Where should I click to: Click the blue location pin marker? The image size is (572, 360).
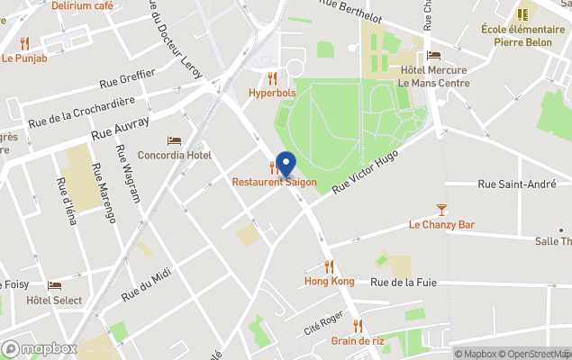pyautogui.click(x=286, y=164)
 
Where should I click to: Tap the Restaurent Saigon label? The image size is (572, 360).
pyautogui.click(x=274, y=182)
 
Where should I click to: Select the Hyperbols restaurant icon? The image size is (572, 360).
pyautogui.click(x=272, y=78)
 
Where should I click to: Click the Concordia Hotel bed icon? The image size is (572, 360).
pyautogui.click(x=174, y=141)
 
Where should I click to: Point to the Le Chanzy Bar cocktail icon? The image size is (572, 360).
pyautogui.click(x=440, y=211)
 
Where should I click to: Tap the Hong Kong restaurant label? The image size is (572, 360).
pyautogui.click(x=329, y=281)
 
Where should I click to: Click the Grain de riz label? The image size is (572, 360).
pyautogui.click(x=358, y=340)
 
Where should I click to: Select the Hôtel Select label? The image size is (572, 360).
pyautogui.click(x=54, y=301)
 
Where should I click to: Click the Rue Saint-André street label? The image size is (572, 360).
pyautogui.click(x=516, y=184)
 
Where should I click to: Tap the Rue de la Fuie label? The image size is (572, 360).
pyautogui.click(x=404, y=282)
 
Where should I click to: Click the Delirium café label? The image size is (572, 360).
pyautogui.click(x=82, y=5)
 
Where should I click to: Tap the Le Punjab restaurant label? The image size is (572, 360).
pyautogui.click(x=24, y=58)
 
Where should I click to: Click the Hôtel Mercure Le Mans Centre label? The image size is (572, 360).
pyautogui.click(x=433, y=76)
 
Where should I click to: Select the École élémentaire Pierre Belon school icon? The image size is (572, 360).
pyautogui.click(x=522, y=14)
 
